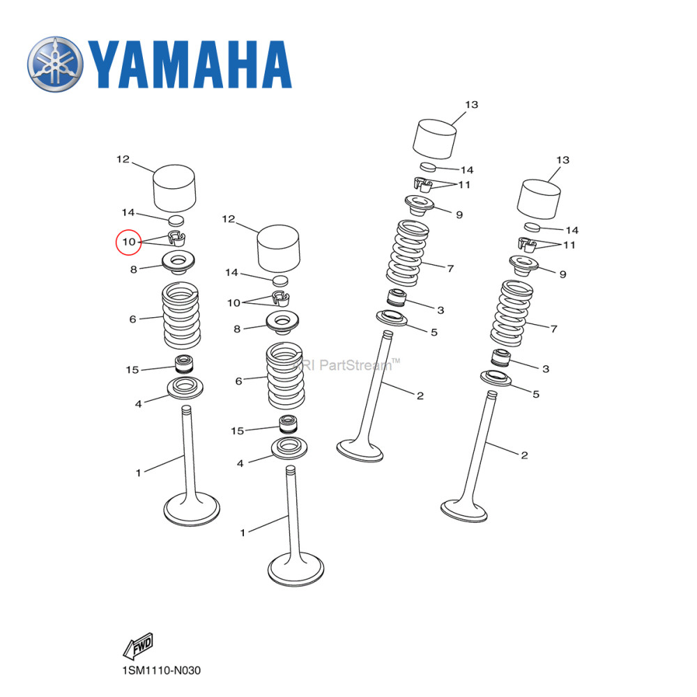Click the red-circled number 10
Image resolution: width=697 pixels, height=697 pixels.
coord(128,242)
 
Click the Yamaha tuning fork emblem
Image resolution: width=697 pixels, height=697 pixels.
coord(55,64)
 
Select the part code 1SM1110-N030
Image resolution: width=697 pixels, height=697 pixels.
coord(161,671)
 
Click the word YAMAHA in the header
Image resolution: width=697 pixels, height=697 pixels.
coord(189,65)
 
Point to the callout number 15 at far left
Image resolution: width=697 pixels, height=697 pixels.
coord(132,369)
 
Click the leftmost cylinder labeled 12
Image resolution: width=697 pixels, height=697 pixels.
coord(174,187)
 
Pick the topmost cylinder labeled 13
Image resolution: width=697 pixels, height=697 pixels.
coord(436,138)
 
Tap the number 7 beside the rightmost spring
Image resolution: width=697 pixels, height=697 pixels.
coord(553,328)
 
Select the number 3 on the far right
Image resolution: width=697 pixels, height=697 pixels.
coord(546,368)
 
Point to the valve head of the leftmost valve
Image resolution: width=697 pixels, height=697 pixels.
coord(191,510)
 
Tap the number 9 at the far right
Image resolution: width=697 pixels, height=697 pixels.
coord(562,275)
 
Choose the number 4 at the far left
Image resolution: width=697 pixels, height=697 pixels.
coord(138,404)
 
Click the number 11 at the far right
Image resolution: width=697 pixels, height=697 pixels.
coord(569,245)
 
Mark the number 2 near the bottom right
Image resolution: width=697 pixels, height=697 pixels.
coord(523,455)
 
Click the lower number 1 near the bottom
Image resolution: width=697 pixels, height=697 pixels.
coord(243,533)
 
